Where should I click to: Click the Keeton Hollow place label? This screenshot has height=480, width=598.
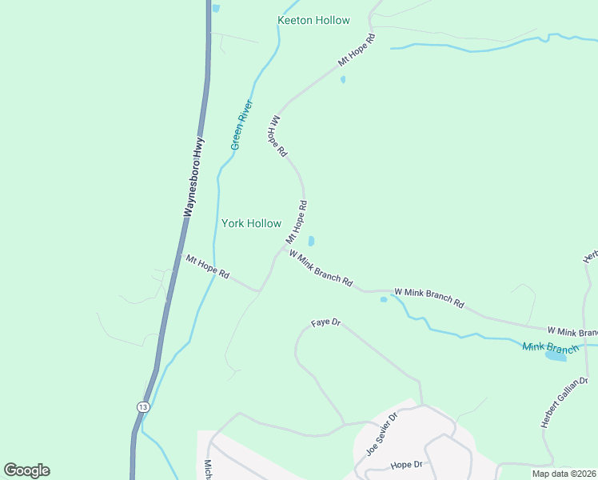click(x=313, y=20)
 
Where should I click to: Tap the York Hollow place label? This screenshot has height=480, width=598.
click(x=251, y=224)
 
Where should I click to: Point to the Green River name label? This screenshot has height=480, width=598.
click(x=241, y=125)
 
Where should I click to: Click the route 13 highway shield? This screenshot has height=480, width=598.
click(x=142, y=406)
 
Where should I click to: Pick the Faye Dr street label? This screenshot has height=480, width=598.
click(x=326, y=323)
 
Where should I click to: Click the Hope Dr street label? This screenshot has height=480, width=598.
click(x=406, y=465)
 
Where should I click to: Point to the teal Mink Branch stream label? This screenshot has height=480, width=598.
click(x=550, y=347)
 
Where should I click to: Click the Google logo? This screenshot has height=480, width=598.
click(x=26, y=470)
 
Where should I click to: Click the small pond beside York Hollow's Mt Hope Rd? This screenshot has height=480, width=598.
click(x=311, y=241)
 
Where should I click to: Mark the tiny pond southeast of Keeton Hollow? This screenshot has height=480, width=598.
click(x=343, y=80)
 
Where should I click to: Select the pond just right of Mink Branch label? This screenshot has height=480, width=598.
click(x=556, y=356)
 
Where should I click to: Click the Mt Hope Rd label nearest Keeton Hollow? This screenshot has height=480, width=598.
click(x=357, y=50)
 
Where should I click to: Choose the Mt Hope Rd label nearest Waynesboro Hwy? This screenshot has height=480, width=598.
click(x=208, y=267)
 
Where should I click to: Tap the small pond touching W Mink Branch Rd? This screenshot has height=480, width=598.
click(x=384, y=300)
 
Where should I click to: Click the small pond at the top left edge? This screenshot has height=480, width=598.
click(x=216, y=8)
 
